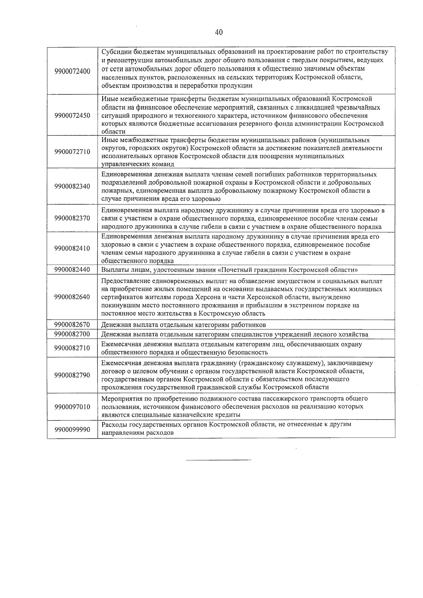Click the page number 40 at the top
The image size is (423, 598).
tap(219, 32)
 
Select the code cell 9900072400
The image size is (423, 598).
tap(72, 71)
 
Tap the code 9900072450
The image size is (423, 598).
tap(72, 116)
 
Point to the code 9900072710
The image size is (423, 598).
tap(72, 152)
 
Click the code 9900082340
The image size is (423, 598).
tap(72, 186)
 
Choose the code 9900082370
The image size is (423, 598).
tap(72, 218)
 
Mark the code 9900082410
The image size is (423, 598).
tap(72, 248)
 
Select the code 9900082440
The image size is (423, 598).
tap(72, 270)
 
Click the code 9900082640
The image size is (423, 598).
tap(72, 297)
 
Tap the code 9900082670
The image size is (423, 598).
tap(72, 325)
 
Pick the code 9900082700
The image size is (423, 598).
tap(72, 334)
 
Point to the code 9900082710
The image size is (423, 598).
tap(72, 348)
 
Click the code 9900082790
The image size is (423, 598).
tap(72, 375)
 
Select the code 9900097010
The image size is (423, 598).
tap(72, 407)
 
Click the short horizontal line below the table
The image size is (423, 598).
tap(219, 460)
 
